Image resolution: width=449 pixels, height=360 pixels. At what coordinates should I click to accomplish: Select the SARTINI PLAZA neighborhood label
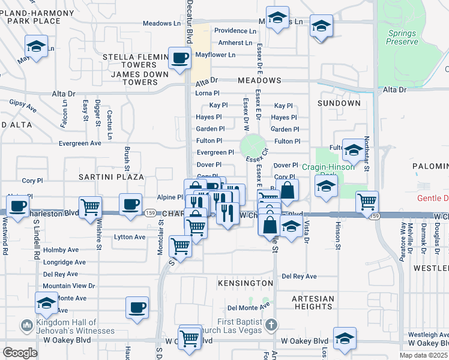tap(112, 177)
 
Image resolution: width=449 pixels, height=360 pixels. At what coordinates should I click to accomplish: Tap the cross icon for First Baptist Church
tap(271, 326)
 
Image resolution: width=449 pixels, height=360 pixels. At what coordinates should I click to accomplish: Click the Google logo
tap(20, 353)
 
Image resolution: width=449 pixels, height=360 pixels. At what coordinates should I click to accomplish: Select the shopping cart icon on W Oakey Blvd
tap(190, 338)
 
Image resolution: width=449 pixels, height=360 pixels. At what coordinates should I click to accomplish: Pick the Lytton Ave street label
tap(130, 237)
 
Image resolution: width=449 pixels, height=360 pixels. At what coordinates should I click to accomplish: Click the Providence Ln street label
tap(235, 31)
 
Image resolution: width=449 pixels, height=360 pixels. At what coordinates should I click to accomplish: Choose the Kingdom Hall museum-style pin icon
tap(26, 326)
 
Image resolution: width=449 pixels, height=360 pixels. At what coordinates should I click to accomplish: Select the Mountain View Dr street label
tap(68, 286)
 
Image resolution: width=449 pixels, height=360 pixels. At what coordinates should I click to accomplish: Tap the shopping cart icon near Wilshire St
tap(90, 207)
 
